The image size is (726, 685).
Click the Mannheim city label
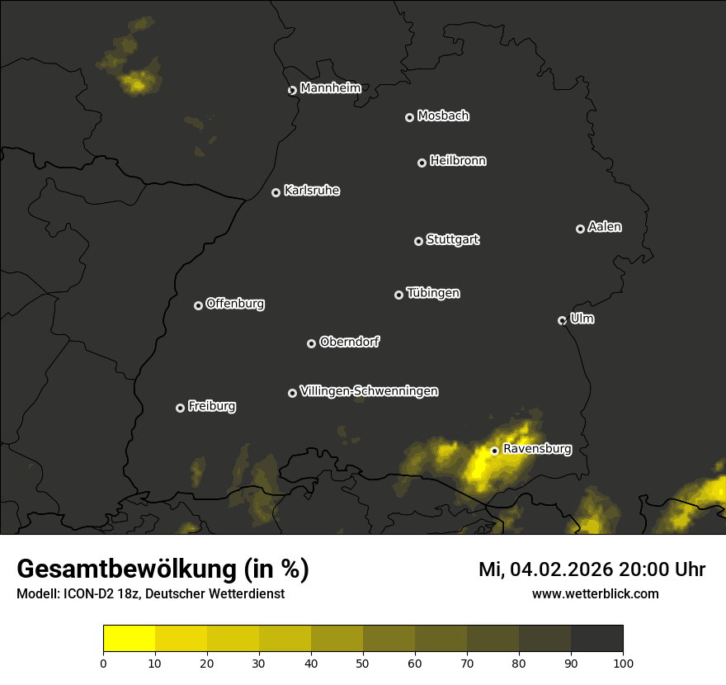tap(330, 88)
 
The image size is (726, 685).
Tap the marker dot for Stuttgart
tap(418, 241)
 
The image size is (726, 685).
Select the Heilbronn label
tap(458, 161)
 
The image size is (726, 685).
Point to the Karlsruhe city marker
tap(276, 192)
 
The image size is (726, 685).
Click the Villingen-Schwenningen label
tap(369, 391)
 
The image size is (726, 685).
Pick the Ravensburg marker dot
tap(494, 451)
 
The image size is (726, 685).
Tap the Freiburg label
tap(211, 406)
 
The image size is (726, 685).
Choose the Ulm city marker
tap(562, 320)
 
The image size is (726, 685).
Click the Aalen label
tap(605, 227)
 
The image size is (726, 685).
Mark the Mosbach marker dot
tap(408, 117)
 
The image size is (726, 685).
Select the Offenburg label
tap(235, 304)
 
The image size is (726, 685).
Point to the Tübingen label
tap(433, 293)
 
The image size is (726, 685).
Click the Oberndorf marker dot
tap(311, 343)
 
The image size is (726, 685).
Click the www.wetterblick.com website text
tap(595, 593)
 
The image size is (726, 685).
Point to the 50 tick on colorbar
tap(363, 662)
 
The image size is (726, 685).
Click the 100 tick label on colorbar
tap(623, 662)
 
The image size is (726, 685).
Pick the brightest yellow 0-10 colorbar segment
tap(130, 639)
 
